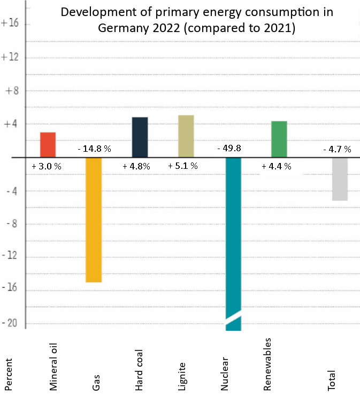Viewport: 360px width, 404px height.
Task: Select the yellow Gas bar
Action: (x=94, y=219)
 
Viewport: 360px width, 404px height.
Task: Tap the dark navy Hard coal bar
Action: (x=140, y=137)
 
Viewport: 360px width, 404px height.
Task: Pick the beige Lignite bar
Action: (x=186, y=136)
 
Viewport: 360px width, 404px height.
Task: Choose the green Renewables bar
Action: (x=279, y=139)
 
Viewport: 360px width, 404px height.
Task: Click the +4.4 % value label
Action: (x=276, y=166)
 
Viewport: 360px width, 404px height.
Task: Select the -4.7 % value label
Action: (x=338, y=149)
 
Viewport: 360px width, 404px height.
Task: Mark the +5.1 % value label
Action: (x=183, y=166)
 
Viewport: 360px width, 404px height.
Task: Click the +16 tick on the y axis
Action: (x=10, y=24)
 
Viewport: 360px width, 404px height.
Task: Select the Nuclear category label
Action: (x=225, y=373)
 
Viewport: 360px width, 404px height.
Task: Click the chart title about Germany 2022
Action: (x=196, y=20)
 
